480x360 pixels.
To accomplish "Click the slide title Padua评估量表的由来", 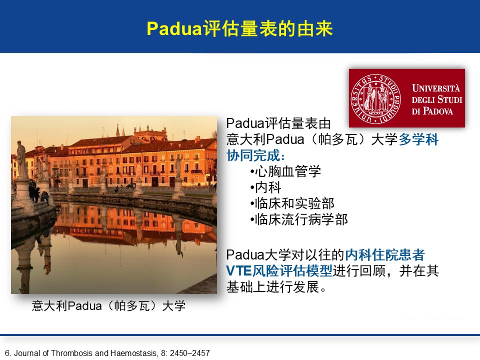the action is click(239, 29).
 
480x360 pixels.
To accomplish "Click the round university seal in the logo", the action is click(375, 99).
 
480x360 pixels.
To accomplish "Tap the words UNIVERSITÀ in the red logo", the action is click(436, 88).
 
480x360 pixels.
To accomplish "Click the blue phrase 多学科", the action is click(418, 139).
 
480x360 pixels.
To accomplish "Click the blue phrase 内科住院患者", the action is click(385, 254).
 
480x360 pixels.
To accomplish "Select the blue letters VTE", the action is click(239, 271).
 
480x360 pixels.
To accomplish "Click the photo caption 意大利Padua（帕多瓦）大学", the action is click(108, 306).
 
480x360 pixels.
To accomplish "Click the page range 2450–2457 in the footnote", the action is click(190, 353).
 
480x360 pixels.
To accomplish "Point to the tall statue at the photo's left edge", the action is click(21, 160).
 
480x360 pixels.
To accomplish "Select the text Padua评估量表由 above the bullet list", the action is click(278, 123).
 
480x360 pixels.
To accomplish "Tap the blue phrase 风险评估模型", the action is click(292, 271).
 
